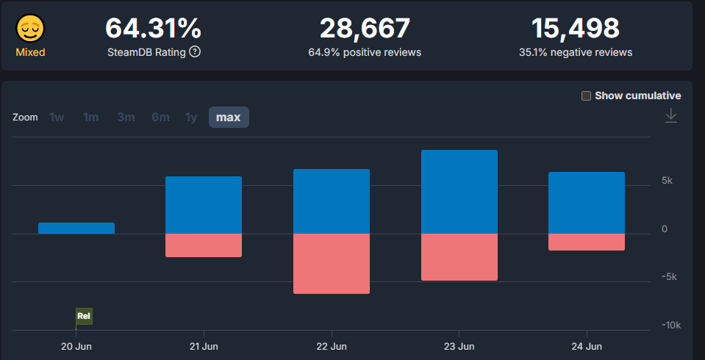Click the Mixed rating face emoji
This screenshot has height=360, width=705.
point(31,29)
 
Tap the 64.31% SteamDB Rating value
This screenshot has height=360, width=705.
point(153,29)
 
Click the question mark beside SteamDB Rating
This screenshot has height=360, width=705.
point(195,52)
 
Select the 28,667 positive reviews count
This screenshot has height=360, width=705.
point(365,29)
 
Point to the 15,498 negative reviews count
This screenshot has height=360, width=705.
point(575,29)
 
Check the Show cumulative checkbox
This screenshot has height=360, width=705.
point(586,96)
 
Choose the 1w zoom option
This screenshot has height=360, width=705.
point(57,118)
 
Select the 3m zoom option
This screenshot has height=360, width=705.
point(125,118)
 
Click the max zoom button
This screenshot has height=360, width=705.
point(228,118)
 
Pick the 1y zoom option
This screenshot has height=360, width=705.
point(191,118)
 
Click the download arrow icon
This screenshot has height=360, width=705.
point(670,116)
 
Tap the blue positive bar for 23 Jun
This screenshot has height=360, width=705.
point(459,192)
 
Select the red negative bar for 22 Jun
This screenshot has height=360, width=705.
point(331,264)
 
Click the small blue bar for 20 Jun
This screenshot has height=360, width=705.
point(76,228)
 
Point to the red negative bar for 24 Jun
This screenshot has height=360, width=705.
point(586,242)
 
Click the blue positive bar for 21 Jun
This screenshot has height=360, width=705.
point(204,205)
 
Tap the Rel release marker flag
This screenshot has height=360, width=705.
point(84,317)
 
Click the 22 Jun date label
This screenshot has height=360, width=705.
point(331,346)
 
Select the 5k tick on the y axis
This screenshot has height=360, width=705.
point(666,181)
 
